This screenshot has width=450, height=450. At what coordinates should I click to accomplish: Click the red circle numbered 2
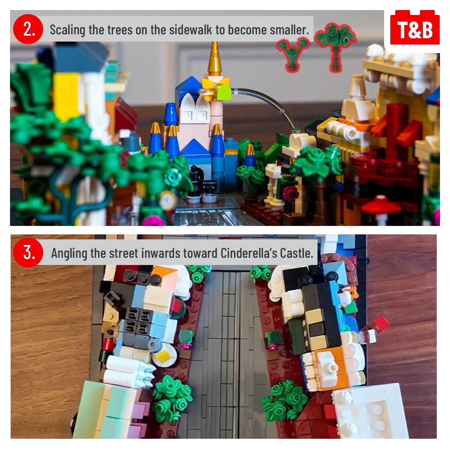[28, 29]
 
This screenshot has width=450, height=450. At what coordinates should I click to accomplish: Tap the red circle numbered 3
[28, 253]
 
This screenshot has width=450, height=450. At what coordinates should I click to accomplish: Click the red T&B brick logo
[415, 27]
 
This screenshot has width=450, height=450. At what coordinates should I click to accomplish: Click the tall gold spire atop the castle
[215, 59]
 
